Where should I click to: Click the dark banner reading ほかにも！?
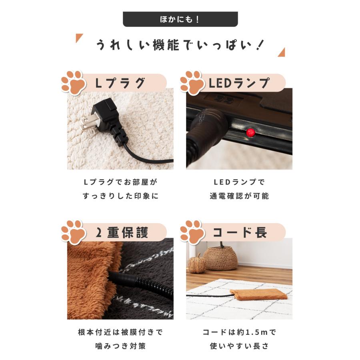(x=180, y=19)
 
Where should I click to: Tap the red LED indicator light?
(x=251, y=132)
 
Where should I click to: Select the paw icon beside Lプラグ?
(x=73, y=83)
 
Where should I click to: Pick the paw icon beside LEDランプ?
(x=192, y=83)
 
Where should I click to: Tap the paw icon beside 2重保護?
(x=73, y=232)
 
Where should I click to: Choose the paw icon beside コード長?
(x=192, y=232)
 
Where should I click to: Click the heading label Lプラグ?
(x=120, y=83)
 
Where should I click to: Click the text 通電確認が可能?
(x=239, y=196)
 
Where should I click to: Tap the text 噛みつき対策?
(x=120, y=345)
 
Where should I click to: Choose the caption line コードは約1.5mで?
(x=239, y=332)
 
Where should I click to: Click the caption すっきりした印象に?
(x=120, y=196)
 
